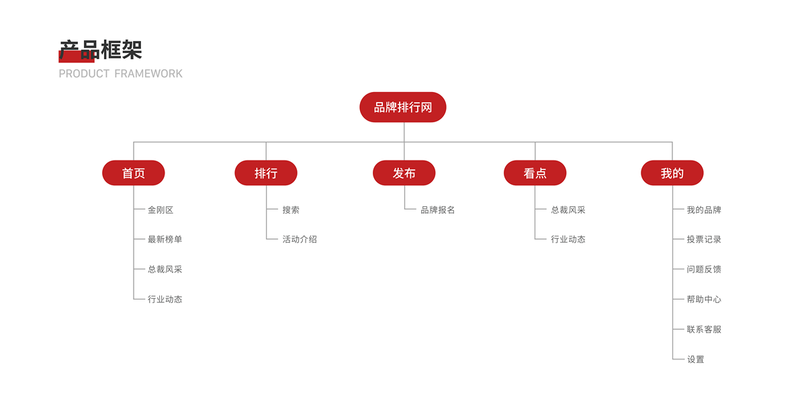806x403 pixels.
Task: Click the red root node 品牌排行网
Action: (x=403, y=107)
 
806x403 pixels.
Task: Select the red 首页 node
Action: (x=134, y=173)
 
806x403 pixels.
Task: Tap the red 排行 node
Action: (x=266, y=173)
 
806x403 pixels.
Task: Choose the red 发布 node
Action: (x=404, y=173)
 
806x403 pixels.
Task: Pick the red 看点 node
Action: (x=535, y=173)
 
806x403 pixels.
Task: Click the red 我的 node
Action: (x=672, y=173)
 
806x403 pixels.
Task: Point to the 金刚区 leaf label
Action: (x=161, y=210)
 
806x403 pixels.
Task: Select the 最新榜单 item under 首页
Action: (x=165, y=240)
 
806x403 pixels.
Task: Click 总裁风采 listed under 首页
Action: (x=165, y=269)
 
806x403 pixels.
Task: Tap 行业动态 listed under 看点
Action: (x=568, y=240)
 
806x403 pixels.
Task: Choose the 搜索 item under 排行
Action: (x=291, y=210)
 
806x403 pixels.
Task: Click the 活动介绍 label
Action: (x=300, y=240)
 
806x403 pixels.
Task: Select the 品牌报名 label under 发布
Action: (x=438, y=210)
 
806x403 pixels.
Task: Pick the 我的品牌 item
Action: (x=704, y=210)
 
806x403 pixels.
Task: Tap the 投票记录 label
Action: (x=704, y=240)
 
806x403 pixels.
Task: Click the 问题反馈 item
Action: (x=704, y=269)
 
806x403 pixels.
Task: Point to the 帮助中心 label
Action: (x=704, y=300)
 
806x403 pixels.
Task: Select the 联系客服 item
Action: (x=704, y=330)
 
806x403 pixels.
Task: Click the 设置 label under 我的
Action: (x=696, y=360)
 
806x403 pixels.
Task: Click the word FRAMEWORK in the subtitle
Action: (x=148, y=74)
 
